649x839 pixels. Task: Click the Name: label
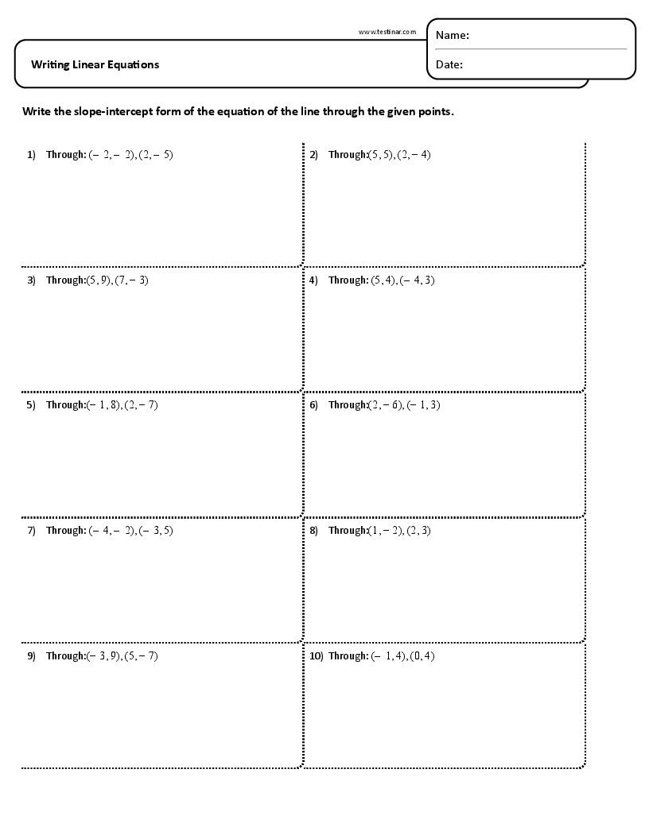click(x=453, y=35)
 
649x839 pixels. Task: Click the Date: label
click(x=449, y=65)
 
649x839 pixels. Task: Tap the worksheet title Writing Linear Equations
click(x=95, y=64)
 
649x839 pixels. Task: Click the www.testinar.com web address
click(x=387, y=32)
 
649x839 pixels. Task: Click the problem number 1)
click(x=31, y=155)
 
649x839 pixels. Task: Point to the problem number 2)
click(x=313, y=155)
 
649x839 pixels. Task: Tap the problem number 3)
click(x=31, y=280)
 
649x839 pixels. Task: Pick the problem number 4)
click(x=313, y=280)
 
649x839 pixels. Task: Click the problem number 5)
click(x=31, y=405)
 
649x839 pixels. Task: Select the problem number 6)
click(x=313, y=405)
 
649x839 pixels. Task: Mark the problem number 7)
click(x=31, y=531)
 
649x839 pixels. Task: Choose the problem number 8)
click(x=313, y=531)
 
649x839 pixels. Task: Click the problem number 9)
click(x=31, y=656)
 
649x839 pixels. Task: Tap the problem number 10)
click(x=315, y=656)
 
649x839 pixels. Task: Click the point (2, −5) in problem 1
click(x=155, y=155)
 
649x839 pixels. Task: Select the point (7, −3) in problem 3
click(x=131, y=280)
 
